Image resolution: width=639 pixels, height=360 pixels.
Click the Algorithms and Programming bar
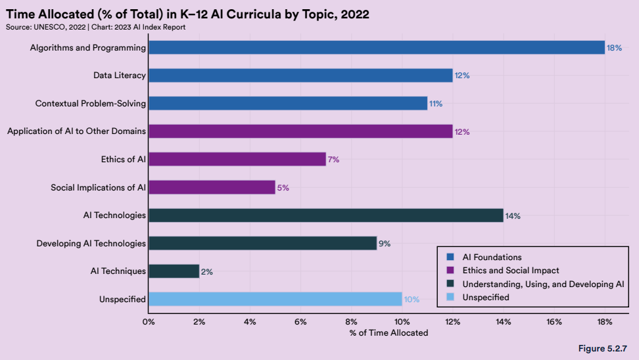coord(376,47)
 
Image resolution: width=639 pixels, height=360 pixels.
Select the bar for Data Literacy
coord(300,76)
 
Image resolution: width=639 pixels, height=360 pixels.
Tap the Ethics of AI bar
coord(237,159)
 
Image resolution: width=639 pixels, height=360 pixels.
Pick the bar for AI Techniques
coord(174,271)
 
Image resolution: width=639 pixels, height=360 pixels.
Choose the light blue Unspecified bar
coord(275,299)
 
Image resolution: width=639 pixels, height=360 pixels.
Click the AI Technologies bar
coord(325,215)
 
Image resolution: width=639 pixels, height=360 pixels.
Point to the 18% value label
coord(614,48)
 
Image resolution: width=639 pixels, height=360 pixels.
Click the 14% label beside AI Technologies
coord(513,215)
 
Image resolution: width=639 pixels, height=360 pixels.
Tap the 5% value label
coord(283,188)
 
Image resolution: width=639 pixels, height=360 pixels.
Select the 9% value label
coord(385,244)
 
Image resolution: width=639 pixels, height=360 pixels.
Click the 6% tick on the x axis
coord(300,322)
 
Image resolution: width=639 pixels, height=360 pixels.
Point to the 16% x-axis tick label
coord(554,322)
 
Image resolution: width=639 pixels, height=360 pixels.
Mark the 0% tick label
coord(149,322)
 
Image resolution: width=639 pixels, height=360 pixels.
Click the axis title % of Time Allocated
coord(389,333)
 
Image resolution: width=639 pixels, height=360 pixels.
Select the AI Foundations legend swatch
coord(451,258)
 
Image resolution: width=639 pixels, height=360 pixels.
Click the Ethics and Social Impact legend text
coord(511,271)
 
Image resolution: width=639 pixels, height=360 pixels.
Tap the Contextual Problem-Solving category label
coord(91,104)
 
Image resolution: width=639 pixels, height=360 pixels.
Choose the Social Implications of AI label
coord(98,188)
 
